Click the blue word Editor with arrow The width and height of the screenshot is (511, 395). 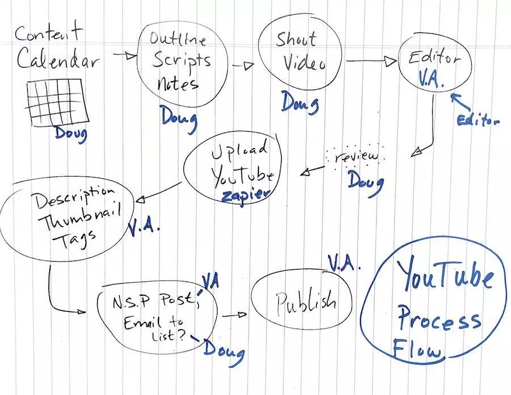coord(479,120)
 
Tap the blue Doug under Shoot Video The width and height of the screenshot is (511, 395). coord(299,104)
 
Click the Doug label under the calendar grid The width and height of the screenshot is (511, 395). coord(71,134)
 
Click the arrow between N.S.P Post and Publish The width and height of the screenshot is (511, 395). coord(234,314)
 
